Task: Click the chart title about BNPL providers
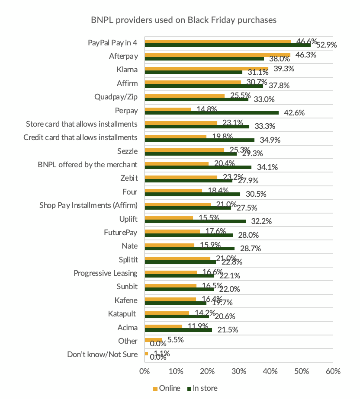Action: (183, 20)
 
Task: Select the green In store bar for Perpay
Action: (212, 113)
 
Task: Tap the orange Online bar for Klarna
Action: (206, 69)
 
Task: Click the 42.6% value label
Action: (294, 113)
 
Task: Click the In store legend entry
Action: (202, 388)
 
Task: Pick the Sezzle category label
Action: (128, 151)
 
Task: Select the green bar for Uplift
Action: (195, 221)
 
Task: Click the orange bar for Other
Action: (153, 340)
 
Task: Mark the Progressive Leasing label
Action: (105, 273)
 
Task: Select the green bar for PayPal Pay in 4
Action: (228, 45)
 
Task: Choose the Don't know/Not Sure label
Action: (103, 354)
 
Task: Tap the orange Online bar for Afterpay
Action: (217, 55)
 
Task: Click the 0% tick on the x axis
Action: (145, 371)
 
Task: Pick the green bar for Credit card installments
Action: (199, 140)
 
